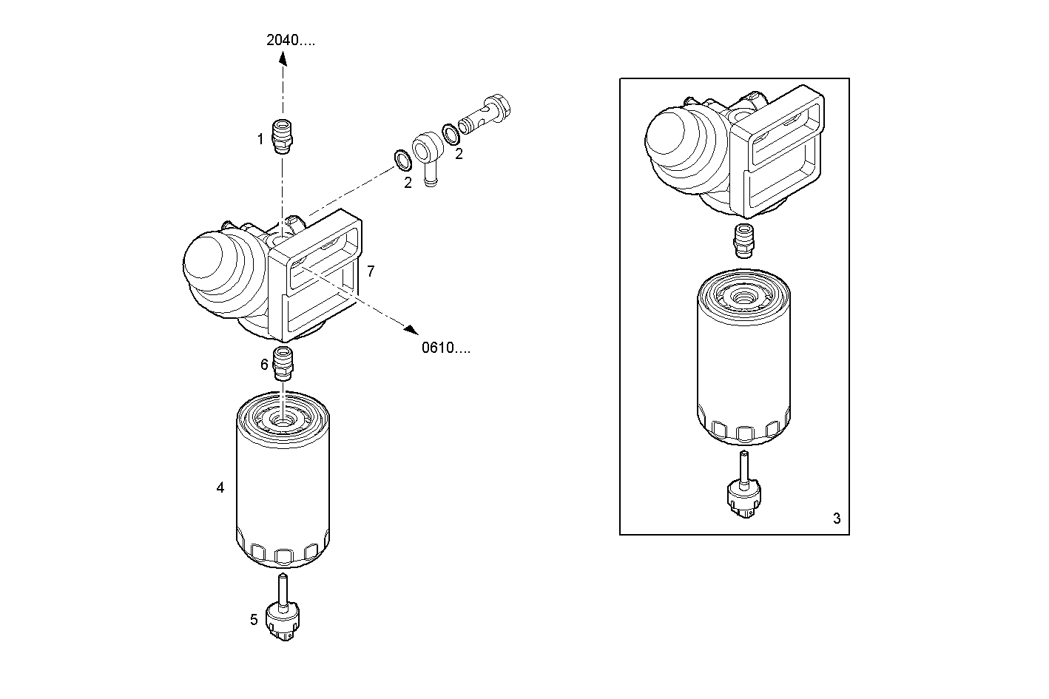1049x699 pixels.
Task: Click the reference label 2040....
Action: [290, 40]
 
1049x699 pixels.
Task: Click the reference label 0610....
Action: [446, 348]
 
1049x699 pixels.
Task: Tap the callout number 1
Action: [260, 139]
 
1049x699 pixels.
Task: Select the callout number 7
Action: [371, 271]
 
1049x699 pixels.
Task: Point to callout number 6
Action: [264, 364]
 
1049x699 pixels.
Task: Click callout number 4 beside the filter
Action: [220, 487]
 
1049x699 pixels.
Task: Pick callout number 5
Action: [254, 620]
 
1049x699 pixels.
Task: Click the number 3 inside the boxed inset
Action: [837, 519]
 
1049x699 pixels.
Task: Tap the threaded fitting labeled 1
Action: [283, 136]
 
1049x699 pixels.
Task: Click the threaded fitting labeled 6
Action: [283, 364]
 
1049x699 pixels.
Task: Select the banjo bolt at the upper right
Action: [485, 115]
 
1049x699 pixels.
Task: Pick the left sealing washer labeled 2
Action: [402, 161]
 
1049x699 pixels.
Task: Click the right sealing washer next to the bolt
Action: [451, 135]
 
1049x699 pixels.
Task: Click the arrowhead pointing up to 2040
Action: [283, 58]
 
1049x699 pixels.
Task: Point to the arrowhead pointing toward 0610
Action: [411, 330]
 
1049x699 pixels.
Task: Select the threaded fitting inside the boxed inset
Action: [743, 241]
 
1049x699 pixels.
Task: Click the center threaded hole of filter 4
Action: [282, 422]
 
